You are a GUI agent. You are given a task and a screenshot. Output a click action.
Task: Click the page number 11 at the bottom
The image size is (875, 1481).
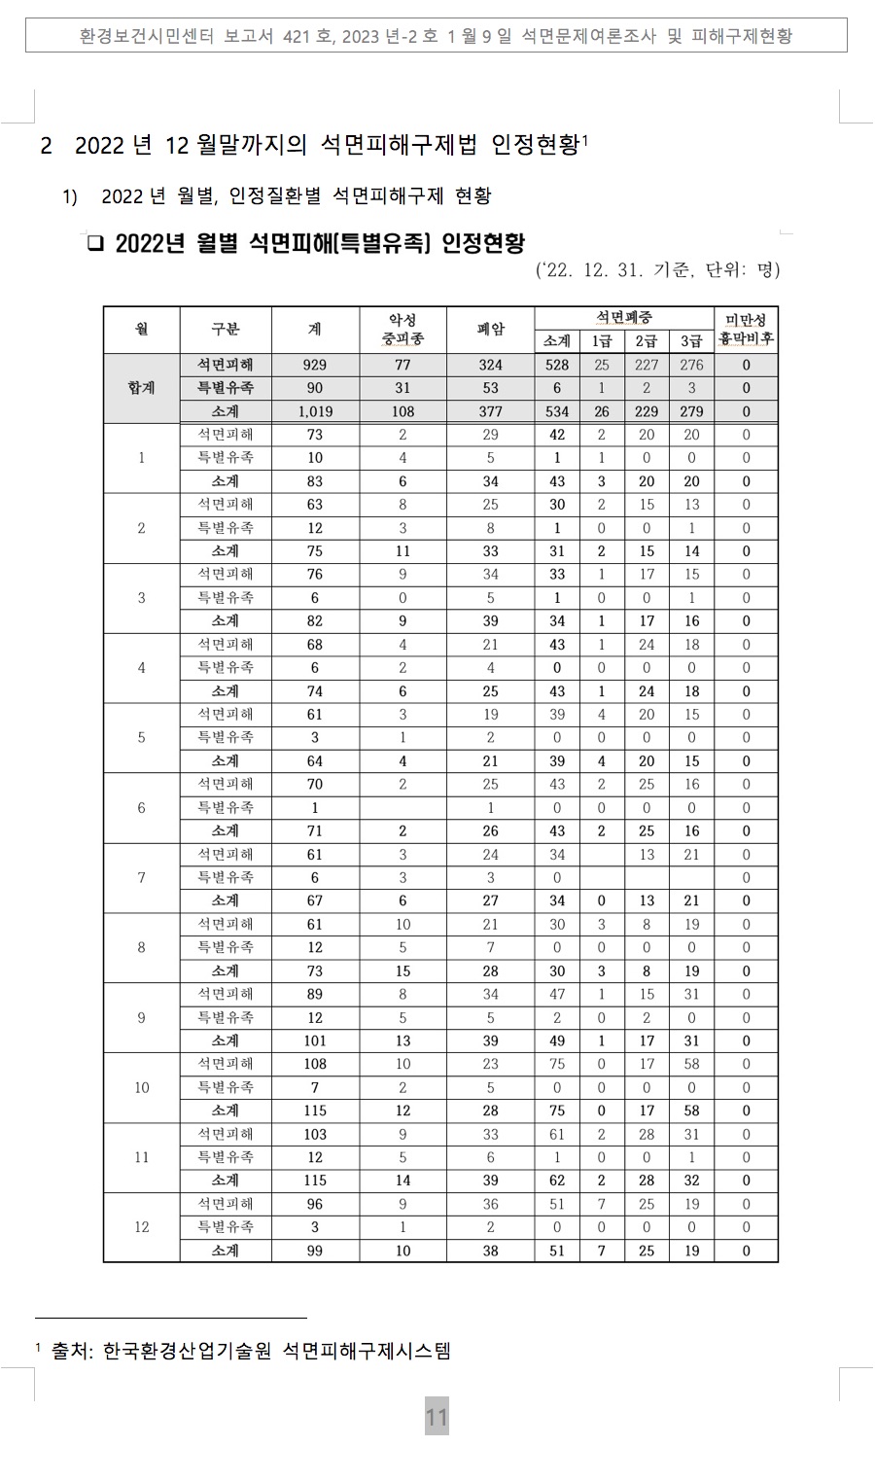437,1417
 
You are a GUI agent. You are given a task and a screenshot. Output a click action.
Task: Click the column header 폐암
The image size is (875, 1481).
490,330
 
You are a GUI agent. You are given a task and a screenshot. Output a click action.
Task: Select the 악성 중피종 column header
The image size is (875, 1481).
402,330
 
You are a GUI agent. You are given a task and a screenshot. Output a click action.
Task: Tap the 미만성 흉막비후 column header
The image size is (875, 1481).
746,330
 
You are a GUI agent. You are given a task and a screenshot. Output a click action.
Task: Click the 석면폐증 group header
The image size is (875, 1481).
623,318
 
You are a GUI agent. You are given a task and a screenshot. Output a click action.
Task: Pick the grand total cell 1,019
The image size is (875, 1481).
315,411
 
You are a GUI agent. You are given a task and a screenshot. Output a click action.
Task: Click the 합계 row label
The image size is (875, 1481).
142,388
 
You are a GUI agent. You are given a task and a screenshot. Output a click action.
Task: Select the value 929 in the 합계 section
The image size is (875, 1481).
315,365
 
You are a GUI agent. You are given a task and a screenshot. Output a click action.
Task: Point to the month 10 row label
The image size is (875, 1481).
142,1087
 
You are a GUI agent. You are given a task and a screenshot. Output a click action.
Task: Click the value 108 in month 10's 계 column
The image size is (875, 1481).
315,1064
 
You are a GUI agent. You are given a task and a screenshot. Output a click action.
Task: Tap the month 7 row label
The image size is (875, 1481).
142,877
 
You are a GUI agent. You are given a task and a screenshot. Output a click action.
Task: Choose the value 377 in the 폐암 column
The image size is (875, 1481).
490,411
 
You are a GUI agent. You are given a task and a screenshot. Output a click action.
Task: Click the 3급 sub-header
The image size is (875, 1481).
691,341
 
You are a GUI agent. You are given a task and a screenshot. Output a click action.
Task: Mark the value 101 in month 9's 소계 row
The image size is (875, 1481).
315,1040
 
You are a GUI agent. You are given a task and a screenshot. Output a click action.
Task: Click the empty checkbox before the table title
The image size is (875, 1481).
94,243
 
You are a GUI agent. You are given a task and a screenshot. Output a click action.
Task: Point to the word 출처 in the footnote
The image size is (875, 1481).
71,1351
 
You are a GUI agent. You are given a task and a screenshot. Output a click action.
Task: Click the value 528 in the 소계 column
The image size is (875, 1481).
557,365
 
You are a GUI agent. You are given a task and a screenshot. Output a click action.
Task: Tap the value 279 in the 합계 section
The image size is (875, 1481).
691,411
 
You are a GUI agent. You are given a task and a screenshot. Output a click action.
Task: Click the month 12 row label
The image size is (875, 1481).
142,1227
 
